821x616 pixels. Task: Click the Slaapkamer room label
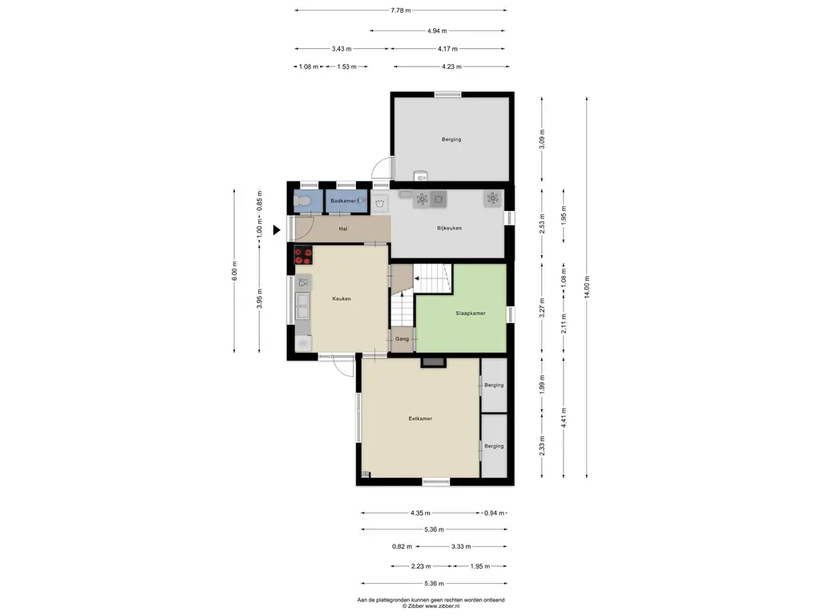pyautogui.click(x=470, y=314)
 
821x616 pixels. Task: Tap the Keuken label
pyautogui.click(x=342, y=298)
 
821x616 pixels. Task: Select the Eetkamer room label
pyautogui.click(x=420, y=419)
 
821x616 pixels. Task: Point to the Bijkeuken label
pyautogui.click(x=449, y=228)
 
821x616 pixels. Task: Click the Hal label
pyautogui.click(x=343, y=229)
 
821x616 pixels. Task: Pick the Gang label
pyautogui.click(x=402, y=339)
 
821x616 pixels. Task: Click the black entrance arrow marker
pyautogui.click(x=277, y=230)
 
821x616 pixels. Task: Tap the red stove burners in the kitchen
pyautogui.click(x=303, y=255)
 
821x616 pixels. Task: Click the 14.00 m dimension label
pyautogui.click(x=586, y=287)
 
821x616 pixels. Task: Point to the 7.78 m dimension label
pyautogui.click(x=401, y=10)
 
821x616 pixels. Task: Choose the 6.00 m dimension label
pyautogui.click(x=235, y=271)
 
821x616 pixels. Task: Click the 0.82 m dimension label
pyautogui.click(x=402, y=546)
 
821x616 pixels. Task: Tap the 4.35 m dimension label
pyautogui.click(x=420, y=513)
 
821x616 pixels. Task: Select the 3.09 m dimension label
pyautogui.click(x=542, y=139)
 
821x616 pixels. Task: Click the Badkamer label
pyautogui.click(x=343, y=201)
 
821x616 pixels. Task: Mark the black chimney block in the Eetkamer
pyautogui.click(x=433, y=362)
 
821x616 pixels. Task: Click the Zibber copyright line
pyautogui.click(x=431, y=606)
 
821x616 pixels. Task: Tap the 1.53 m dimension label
pyautogui.click(x=346, y=67)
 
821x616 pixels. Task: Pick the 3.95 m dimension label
pyautogui.click(x=260, y=298)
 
